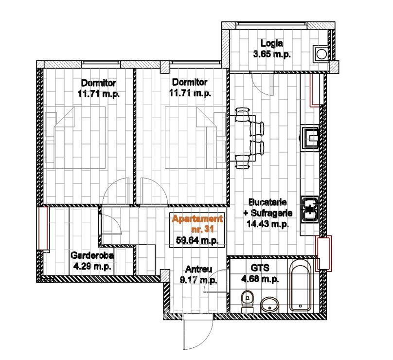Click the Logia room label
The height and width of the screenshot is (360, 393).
point(272,43)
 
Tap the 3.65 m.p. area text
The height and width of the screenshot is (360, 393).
point(272,54)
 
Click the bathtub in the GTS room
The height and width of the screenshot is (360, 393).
point(301,286)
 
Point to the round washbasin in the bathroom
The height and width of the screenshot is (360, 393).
point(269,305)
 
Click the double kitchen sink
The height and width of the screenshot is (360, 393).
point(310,209)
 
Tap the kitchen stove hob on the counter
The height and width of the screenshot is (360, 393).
point(310,138)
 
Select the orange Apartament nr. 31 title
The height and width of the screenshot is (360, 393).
point(197,224)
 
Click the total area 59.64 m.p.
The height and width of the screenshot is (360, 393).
point(197,240)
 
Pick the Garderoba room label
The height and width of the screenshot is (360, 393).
point(92,255)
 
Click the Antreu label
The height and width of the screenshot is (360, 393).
point(198,269)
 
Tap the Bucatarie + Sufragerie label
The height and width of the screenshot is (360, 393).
point(268,208)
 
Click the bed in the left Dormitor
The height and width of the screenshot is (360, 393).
point(75,137)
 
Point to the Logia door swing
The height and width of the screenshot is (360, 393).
point(262,84)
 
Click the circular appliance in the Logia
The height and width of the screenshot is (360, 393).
point(321,54)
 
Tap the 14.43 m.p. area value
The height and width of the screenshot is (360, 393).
point(268,224)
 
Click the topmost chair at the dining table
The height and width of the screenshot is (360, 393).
point(242,114)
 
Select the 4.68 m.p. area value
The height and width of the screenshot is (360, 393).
point(260,279)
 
